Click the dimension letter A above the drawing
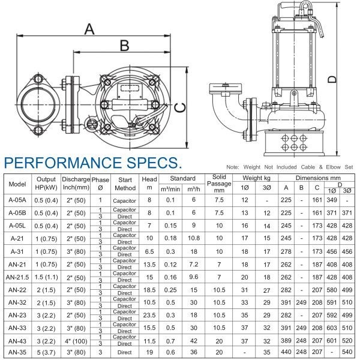pos(89,29)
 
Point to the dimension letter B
pos(124,46)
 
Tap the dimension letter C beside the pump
pos(180,107)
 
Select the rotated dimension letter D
pos(332,79)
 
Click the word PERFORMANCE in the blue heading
pos(62,163)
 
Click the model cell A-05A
pos(17,200)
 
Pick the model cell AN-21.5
pos(17,277)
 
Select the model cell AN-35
pos(17,352)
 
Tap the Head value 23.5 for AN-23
pos(149,315)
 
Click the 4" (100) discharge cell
pos(76,341)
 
